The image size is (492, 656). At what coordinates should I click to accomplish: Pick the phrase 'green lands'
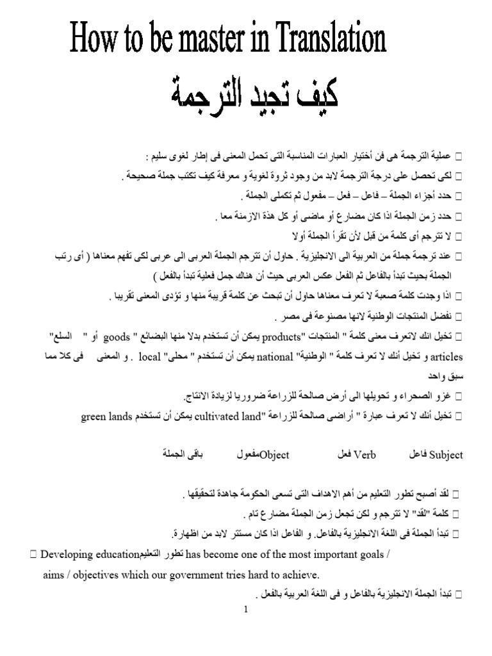(106, 417)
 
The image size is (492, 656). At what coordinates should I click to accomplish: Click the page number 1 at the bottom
(245, 610)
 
